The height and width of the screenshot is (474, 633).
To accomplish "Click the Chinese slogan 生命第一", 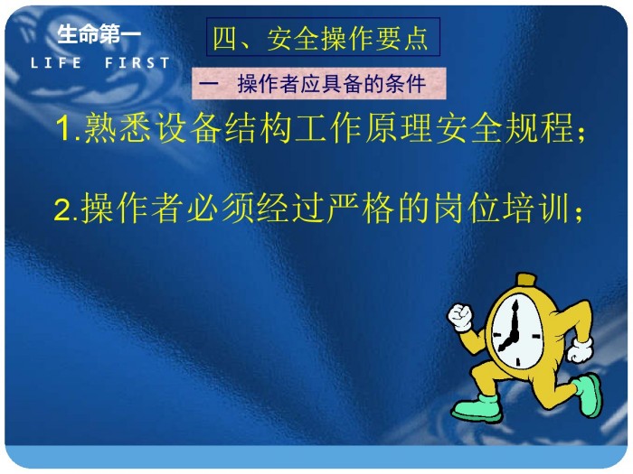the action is [99, 34].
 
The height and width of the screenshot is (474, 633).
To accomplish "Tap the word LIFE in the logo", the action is [56, 63].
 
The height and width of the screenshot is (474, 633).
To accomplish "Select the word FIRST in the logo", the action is [137, 63].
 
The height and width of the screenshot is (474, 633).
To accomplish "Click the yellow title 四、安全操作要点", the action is [320, 39].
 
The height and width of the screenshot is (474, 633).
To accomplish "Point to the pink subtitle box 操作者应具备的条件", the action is [319, 83].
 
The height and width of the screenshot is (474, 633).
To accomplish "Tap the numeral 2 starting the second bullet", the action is [62, 209].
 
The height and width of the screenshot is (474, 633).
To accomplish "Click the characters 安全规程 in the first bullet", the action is [505, 127].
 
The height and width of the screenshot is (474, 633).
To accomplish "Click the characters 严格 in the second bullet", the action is [360, 209].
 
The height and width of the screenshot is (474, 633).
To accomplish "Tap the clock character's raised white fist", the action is [459, 316].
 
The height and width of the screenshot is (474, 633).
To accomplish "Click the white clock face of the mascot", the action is [516, 331].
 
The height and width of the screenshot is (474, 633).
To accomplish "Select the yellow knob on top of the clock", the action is [527, 280].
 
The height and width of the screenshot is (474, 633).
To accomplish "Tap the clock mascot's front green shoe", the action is [477, 408].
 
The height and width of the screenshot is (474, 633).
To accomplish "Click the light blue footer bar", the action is [316, 457].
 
